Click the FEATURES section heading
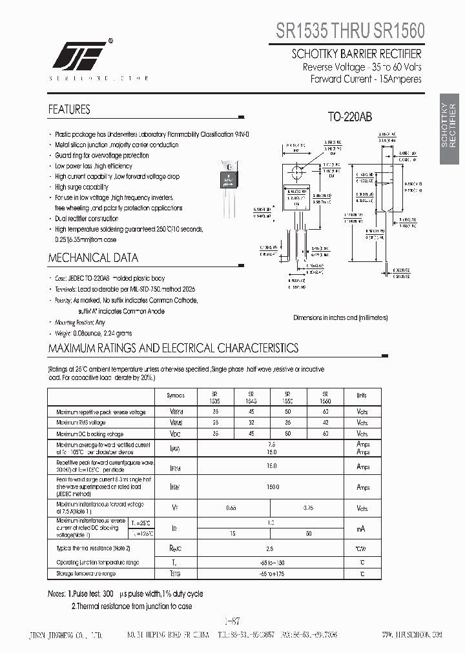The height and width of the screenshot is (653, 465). pyautogui.click(x=69, y=110)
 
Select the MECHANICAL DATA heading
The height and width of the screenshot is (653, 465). pyautogui.click(x=93, y=258)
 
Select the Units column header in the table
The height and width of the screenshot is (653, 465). pyautogui.click(x=361, y=396)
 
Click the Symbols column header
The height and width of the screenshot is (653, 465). pyautogui.click(x=175, y=396)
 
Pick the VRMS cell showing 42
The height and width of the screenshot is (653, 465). pyautogui.click(x=325, y=423)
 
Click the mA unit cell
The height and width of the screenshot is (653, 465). pyautogui.click(x=361, y=528)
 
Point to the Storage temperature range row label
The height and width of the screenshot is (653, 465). pyautogui.click(x=86, y=573)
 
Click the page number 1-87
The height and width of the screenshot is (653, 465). pyautogui.click(x=232, y=621)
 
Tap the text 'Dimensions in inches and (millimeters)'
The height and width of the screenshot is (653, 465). pyautogui.click(x=340, y=317)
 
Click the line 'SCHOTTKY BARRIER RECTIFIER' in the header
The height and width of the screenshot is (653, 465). pyautogui.click(x=356, y=54)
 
